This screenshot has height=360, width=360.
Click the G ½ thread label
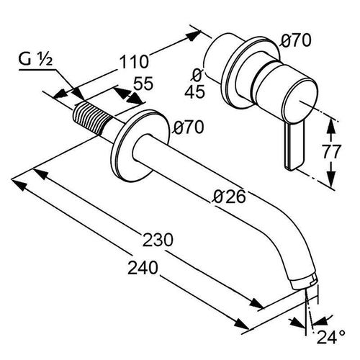click(35, 60)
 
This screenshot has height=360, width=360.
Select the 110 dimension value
click(134, 62)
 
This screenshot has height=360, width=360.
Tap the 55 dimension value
click(143, 84)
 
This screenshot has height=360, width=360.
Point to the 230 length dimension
click(158, 240)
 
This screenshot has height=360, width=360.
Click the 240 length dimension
click(143, 268)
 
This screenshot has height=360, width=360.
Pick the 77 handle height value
click(331, 152)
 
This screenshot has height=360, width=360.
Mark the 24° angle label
click(331, 337)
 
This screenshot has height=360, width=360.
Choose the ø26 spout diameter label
click(230, 197)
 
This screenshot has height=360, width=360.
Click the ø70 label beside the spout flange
click(189, 127)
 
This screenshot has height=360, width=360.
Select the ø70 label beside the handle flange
click(296, 40)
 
